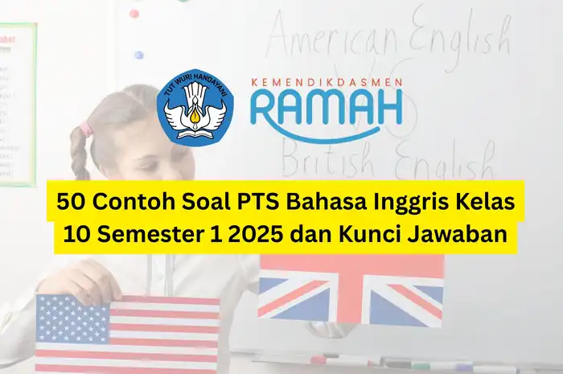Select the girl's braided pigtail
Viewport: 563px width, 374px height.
click(x=80, y=153)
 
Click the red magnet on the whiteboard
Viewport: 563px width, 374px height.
click(x=134, y=14)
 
